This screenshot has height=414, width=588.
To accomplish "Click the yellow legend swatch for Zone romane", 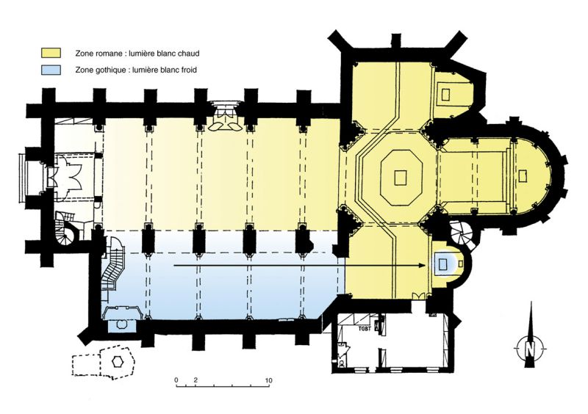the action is click(51, 53).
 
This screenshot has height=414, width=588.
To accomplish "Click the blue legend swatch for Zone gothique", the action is click(51, 70).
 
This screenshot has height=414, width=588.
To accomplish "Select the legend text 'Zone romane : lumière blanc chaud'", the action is click(137, 53).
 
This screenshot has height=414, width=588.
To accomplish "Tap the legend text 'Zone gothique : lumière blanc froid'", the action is click(136, 70).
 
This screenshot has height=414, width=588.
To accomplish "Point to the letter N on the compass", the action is click(529, 349).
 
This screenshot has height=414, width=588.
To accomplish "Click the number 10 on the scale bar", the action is click(268, 381).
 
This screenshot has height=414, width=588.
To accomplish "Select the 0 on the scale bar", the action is click(176, 381).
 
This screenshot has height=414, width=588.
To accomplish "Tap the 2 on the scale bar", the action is click(196, 381).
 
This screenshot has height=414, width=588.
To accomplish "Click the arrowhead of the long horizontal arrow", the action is click(422, 266).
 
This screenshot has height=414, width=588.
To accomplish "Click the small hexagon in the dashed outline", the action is click(118, 361).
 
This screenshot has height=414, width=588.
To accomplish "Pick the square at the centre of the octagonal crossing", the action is click(401, 177).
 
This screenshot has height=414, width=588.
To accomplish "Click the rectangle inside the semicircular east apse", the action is click(523, 176).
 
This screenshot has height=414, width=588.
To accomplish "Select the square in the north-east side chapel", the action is click(445, 94).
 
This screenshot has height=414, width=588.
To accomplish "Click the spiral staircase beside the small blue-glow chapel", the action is click(462, 233).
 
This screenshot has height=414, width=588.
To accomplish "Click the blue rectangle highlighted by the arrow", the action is click(443, 264).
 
